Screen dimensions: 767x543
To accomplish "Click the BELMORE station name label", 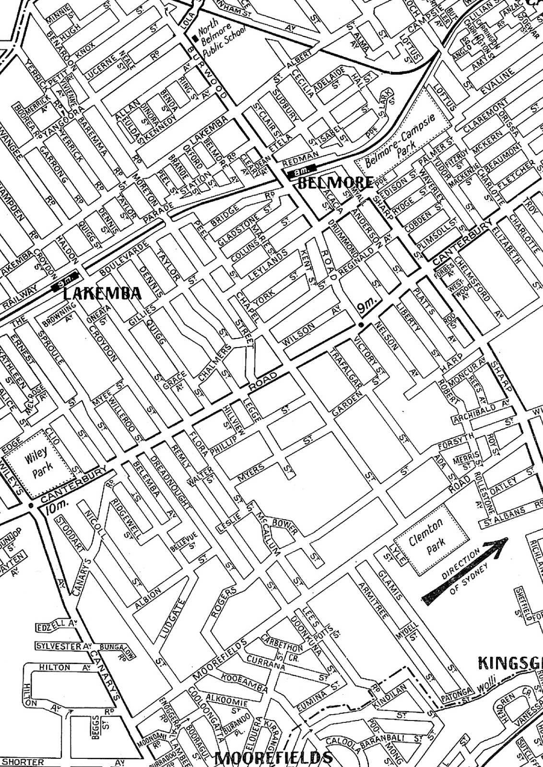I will click(335, 182).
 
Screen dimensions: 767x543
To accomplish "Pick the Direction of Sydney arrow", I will click(465, 568).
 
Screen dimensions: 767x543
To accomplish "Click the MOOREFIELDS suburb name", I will click(273, 758).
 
